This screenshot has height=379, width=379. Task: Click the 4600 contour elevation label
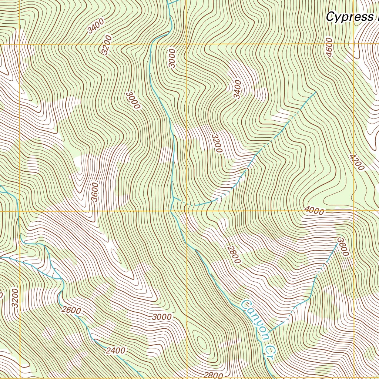(329, 47)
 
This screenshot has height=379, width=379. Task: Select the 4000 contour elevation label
(314, 211)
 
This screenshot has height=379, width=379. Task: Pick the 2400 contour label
(115, 350)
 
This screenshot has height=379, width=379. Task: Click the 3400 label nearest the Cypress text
(237, 89)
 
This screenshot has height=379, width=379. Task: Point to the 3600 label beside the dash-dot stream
(342, 247)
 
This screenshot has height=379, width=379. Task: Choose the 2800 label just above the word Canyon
(234, 255)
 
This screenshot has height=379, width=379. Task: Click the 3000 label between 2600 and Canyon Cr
(162, 317)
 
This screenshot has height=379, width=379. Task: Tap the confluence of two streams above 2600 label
(60, 278)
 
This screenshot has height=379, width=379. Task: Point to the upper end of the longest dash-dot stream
(315, 91)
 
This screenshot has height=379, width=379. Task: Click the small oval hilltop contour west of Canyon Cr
(202, 343)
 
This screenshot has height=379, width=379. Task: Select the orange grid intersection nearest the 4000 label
(353, 211)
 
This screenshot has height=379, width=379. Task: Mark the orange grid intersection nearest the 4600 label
(353, 44)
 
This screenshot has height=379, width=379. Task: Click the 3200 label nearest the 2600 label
(15, 298)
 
